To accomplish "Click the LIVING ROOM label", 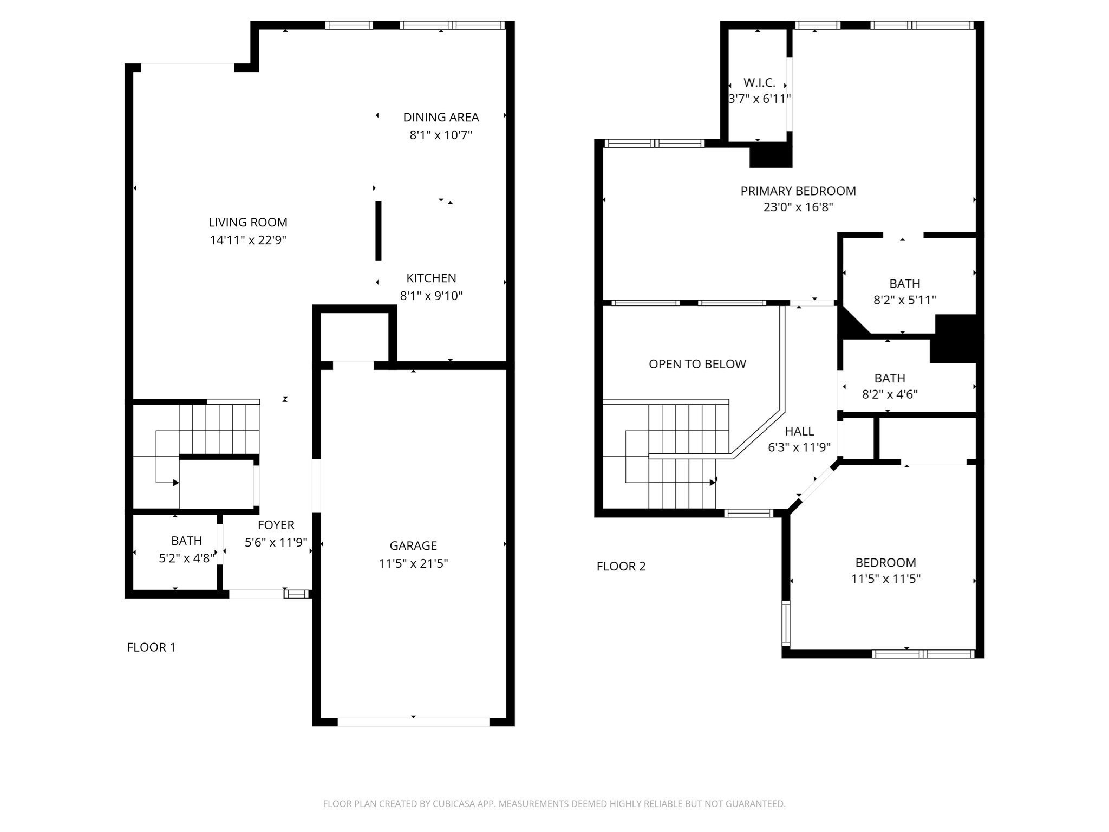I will pyautogui.click(x=247, y=222).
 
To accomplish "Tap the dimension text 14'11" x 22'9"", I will pyautogui.click(x=247, y=240).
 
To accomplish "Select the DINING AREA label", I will pyautogui.click(x=441, y=117).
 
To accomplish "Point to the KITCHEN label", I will pyautogui.click(x=431, y=278).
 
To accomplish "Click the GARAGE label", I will pyautogui.click(x=413, y=545).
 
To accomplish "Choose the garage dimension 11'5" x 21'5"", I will pyautogui.click(x=413, y=563).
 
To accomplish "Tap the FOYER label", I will pyautogui.click(x=276, y=525).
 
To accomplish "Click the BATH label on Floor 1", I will pyautogui.click(x=186, y=541).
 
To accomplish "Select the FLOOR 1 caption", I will pyautogui.click(x=151, y=647).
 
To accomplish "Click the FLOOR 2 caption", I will pyautogui.click(x=621, y=566).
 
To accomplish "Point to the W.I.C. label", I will pyautogui.click(x=759, y=83).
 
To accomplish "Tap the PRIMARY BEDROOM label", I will pyautogui.click(x=798, y=191).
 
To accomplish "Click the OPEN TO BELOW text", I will pyautogui.click(x=697, y=364).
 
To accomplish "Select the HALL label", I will pyautogui.click(x=799, y=431).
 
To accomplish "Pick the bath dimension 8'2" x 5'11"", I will pyautogui.click(x=904, y=300).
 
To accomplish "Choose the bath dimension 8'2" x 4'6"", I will pyautogui.click(x=889, y=394).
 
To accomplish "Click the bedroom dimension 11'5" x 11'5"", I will pyautogui.click(x=885, y=578).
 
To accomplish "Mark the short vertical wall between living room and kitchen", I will pyautogui.click(x=379, y=231).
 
